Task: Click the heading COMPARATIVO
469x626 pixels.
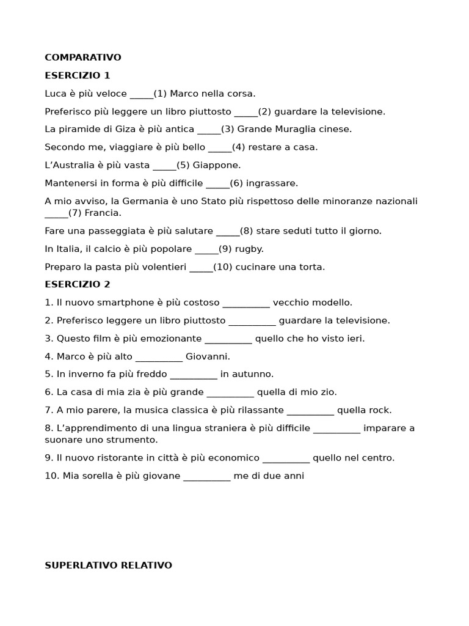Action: (83, 57)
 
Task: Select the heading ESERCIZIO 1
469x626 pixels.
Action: (78, 76)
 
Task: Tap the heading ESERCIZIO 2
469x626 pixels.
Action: (78, 284)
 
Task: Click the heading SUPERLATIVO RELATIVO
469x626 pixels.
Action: (109, 565)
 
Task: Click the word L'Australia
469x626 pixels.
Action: (69, 165)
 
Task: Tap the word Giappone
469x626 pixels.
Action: (221, 165)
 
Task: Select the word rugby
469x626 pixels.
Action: (250, 249)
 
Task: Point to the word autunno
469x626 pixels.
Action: (252, 374)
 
